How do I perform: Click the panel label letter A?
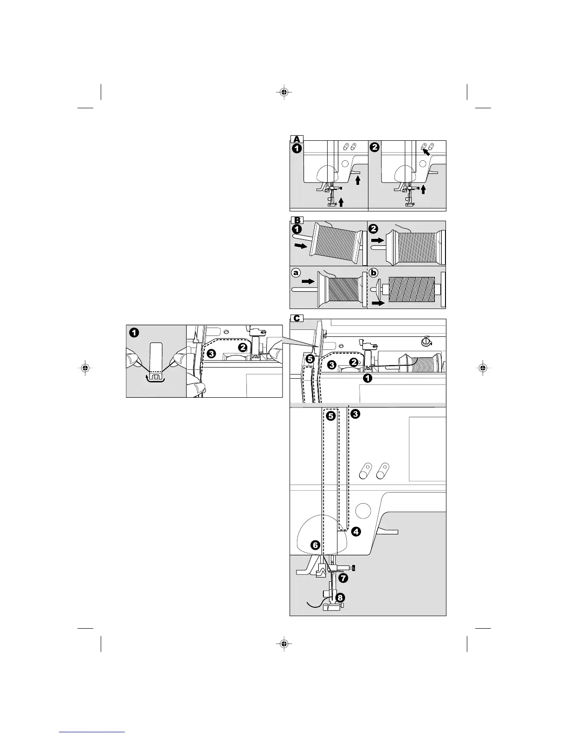(x=297, y=139)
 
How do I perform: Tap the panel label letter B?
(x=297, y=219)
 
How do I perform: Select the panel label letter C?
(x=297, y=318)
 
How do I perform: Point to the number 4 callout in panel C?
(x=356, y=532)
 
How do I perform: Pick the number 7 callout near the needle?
(x=343, y=578)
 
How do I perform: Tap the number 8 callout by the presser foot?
(x=340, y=598)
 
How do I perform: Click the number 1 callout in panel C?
(x=367, y=378)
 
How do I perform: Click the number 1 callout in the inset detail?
(x=134, y=333)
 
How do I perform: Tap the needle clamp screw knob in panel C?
(x=353, y=567)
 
